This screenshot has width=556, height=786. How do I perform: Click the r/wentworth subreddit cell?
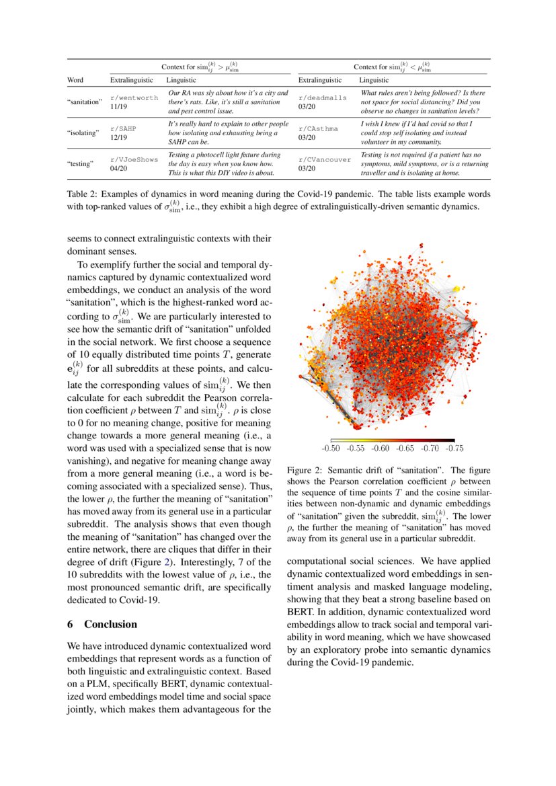coord(134,97)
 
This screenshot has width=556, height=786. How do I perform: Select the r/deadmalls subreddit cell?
coord(322,97)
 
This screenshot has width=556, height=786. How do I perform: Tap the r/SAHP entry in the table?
coord(124,128)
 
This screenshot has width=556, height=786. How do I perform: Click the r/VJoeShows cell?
coord(134,159)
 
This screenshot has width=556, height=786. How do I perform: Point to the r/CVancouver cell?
coord(324,159)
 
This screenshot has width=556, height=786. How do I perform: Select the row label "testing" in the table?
coord(80,164)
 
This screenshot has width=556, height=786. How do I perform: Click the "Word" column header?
coord(76,80)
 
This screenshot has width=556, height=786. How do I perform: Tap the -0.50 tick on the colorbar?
coord(331,448)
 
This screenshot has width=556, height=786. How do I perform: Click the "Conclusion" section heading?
coord(110,624)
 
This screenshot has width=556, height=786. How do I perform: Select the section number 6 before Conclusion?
coord(70,624)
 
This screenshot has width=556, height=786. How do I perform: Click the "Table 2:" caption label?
coord(82,194)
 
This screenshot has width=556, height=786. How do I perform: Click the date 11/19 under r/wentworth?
coord(118,106)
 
